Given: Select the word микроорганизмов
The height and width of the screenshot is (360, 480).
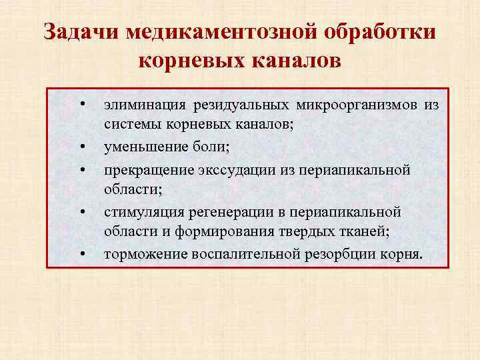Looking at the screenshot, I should click(x=350, y=105).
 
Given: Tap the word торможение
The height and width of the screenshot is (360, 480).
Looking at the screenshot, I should click(x=145, y=253).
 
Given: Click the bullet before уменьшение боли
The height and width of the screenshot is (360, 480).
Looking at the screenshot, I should click(x=81, y=145).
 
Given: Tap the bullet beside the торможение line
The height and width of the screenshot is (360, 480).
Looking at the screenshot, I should click(x=81, y=253).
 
